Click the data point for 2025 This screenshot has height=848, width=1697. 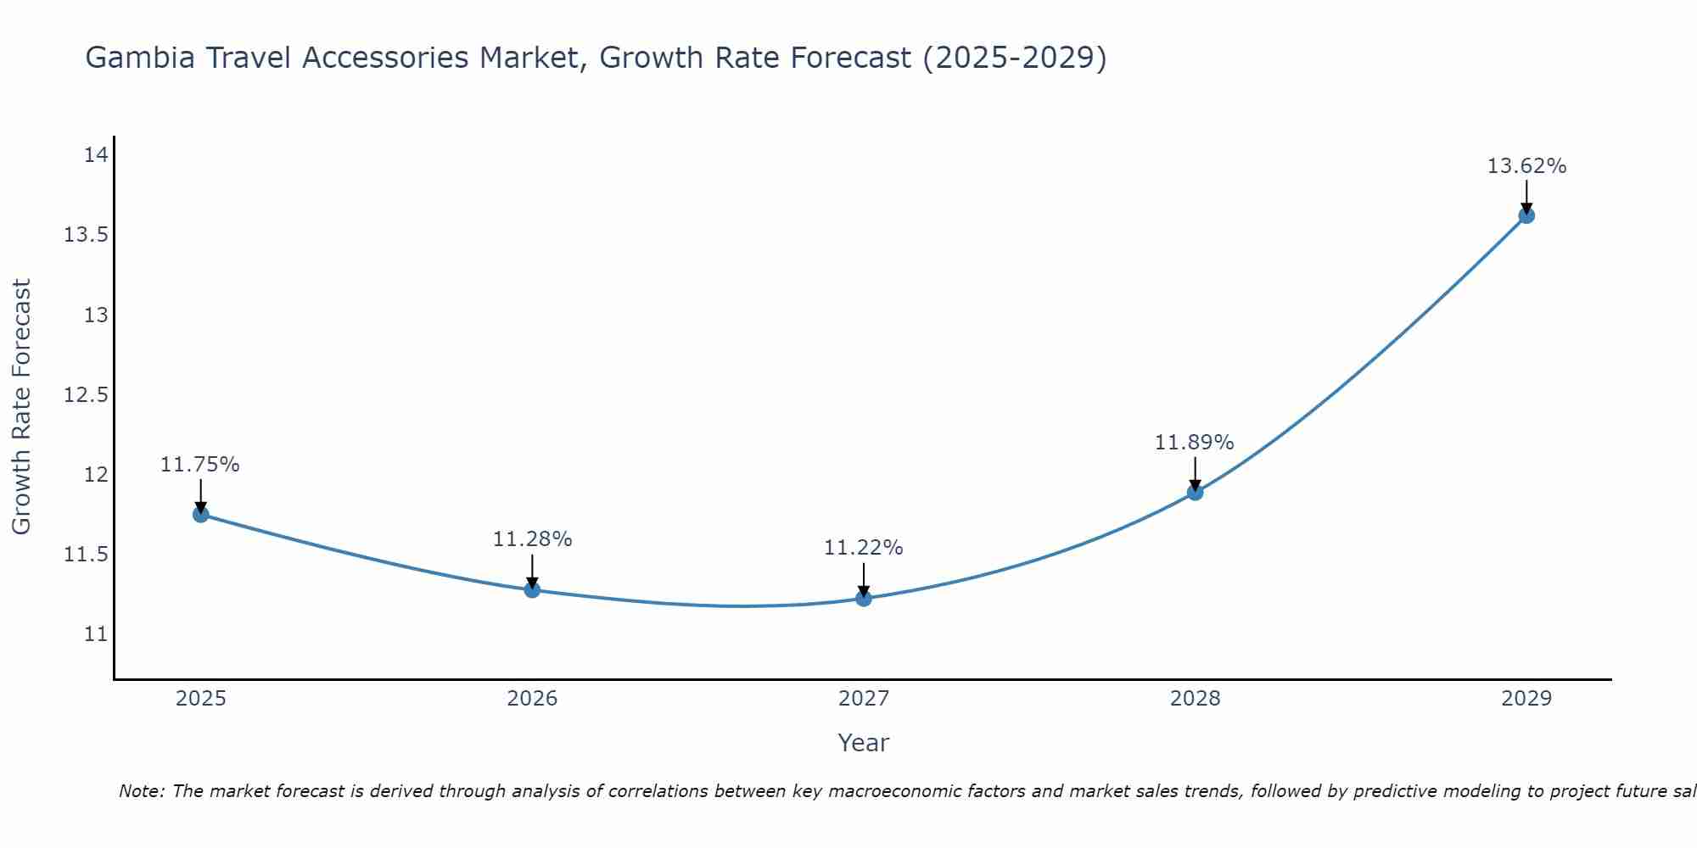(201, 514)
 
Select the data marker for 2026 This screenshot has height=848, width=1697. (532, 589)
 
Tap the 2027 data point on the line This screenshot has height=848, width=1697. (864, 599)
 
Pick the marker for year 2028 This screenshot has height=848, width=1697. (1195, 492)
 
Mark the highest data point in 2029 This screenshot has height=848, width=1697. (1526, 215)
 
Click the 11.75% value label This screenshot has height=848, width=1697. (200, 465)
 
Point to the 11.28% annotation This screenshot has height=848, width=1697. (532, 539)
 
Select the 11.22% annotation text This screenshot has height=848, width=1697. (863, 548)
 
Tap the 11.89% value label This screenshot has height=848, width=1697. (1194, 443)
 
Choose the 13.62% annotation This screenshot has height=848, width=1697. (1526, 166)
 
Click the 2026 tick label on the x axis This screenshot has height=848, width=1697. (532, 699)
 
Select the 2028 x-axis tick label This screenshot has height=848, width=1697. (1195, 699)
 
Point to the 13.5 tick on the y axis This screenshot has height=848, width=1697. (86, 235)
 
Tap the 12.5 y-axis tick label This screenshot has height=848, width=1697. (86, 395)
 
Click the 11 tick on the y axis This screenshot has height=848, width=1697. (96, 634)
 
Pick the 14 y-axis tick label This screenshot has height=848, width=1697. (96, 155)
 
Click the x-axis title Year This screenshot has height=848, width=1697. (863, 743)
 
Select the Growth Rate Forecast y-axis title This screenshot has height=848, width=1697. (21, 406)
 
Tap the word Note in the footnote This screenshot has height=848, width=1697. (141, 791)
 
